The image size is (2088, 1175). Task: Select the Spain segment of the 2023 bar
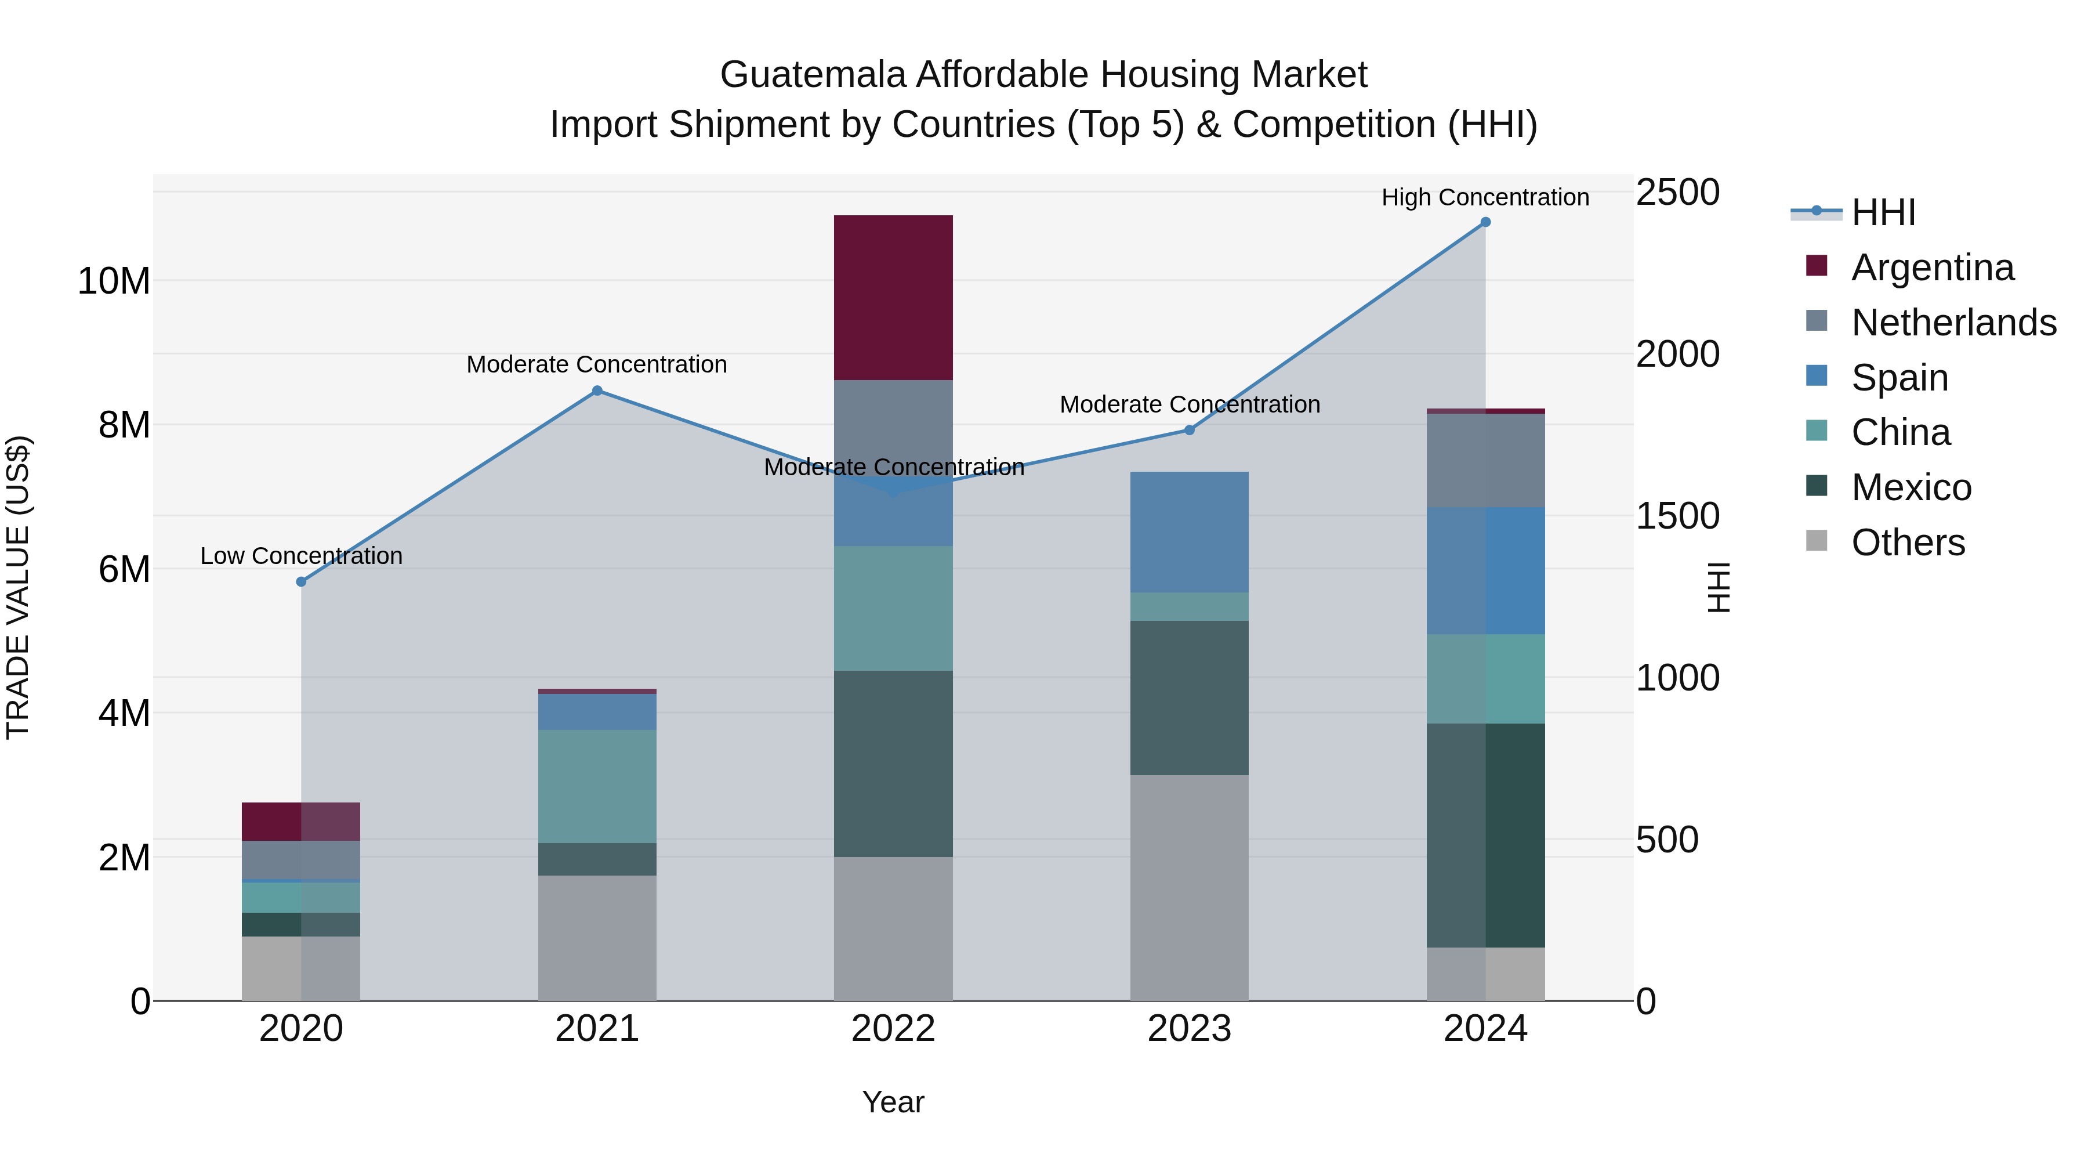coord(1189,532)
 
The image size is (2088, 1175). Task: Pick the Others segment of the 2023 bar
coord(1189,887)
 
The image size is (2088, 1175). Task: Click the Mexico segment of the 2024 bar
coord(1485,834)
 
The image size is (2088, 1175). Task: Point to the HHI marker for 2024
coord(1485,222)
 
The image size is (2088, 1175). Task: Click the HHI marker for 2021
coord(597,391)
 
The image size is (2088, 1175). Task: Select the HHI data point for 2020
coord(302,581)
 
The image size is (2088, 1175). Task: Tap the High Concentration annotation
coord(1485,197)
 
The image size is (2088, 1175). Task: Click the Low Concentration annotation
coord(302,556)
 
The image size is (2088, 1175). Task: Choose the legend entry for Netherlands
coord(1953,323)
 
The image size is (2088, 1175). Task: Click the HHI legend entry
coord(1883,212)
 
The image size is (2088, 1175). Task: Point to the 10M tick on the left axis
coord(114,281)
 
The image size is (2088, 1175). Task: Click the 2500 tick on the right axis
coord(1677,193)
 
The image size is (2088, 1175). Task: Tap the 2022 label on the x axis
coord(893,1029)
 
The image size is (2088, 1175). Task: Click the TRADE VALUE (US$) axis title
coord(18,587)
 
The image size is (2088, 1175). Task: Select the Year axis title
coord(893,1102)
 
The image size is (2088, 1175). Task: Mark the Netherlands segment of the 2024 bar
coord(1485,461)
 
